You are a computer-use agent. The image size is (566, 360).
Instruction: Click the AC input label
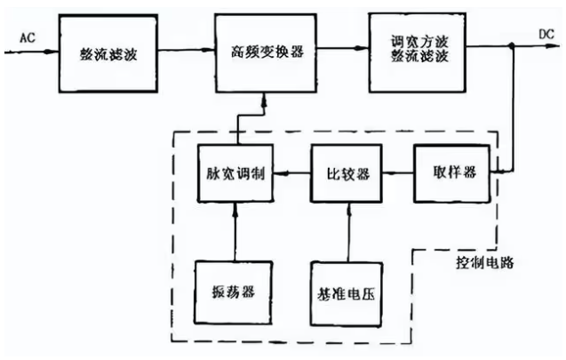(28, 37)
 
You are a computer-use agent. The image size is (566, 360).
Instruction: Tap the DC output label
(546, 35)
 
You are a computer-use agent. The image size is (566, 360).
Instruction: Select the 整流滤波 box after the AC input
(108, 53)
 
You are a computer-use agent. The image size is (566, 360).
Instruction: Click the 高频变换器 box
(266, 53)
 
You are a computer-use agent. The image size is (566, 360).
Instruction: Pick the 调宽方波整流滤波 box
(418, 52)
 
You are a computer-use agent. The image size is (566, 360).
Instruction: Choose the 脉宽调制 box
(235, 173)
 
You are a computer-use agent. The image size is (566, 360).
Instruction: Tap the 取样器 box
(452, 173)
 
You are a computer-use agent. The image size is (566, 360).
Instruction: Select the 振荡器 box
(233, 292)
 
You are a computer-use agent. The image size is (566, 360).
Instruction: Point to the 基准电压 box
(347, 294)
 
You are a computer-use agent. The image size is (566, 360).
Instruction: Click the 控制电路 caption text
(484, 263)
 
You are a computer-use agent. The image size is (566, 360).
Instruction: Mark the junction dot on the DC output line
(512, 45)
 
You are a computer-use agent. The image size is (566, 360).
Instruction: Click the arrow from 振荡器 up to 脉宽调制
(235, 231)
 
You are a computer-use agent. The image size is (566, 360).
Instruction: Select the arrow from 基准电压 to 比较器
(348, 233)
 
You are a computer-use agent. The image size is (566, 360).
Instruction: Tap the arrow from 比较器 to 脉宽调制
(292, 173)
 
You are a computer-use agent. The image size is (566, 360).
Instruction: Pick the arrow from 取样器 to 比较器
(398, 173)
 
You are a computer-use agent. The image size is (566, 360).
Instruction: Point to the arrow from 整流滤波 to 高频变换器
(187, 50)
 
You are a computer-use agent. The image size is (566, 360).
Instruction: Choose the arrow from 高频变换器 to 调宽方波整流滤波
(343, 48)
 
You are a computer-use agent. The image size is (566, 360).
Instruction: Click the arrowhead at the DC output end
(554, 46)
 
